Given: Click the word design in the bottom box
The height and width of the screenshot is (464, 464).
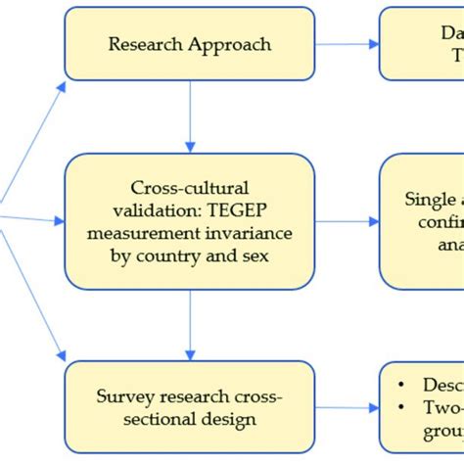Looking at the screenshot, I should tap(228, 419).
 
